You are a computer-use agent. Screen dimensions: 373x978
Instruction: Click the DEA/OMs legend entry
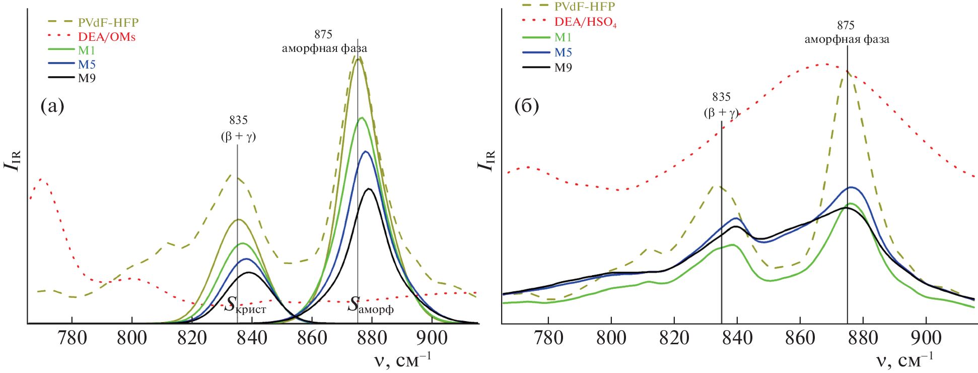106,37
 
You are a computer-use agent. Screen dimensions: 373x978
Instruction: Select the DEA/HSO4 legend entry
585,22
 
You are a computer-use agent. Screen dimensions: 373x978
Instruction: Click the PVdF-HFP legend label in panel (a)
108,23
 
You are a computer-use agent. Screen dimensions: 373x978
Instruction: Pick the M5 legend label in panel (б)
563,52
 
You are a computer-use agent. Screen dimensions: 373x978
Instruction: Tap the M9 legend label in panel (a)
87,78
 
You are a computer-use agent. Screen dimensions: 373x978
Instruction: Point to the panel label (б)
526,106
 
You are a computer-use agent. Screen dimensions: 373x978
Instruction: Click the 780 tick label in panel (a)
73,338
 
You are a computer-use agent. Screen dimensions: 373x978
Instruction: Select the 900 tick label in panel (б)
926,338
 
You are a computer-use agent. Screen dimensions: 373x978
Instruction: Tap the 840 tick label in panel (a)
252,338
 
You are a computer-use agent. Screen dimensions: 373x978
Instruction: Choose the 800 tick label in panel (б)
611,338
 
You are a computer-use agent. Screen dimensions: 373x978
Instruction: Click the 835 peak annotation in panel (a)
238,120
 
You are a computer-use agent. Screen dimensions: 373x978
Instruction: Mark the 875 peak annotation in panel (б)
846,25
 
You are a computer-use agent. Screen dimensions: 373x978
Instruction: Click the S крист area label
245,305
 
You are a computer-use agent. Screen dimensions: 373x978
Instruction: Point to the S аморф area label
371,305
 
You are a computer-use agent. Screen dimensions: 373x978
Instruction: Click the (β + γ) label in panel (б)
721,112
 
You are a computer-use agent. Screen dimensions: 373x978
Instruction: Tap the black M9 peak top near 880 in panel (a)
369,189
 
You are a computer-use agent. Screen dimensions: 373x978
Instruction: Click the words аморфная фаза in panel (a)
324,48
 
